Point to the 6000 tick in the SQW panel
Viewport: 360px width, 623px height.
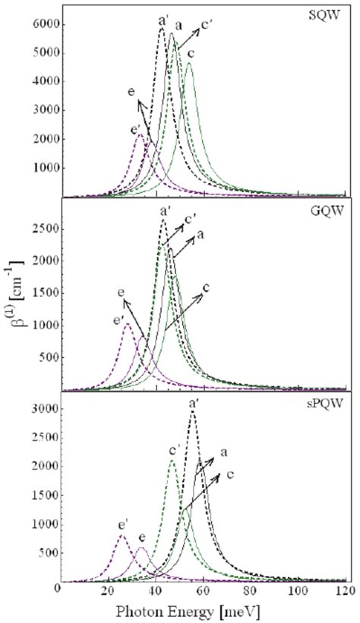tap(46, 24)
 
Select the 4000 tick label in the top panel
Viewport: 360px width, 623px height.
tap(46, 81)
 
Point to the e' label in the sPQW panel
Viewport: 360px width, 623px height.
tap(119, 523)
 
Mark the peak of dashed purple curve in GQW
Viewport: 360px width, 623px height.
tap(127, 324)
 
